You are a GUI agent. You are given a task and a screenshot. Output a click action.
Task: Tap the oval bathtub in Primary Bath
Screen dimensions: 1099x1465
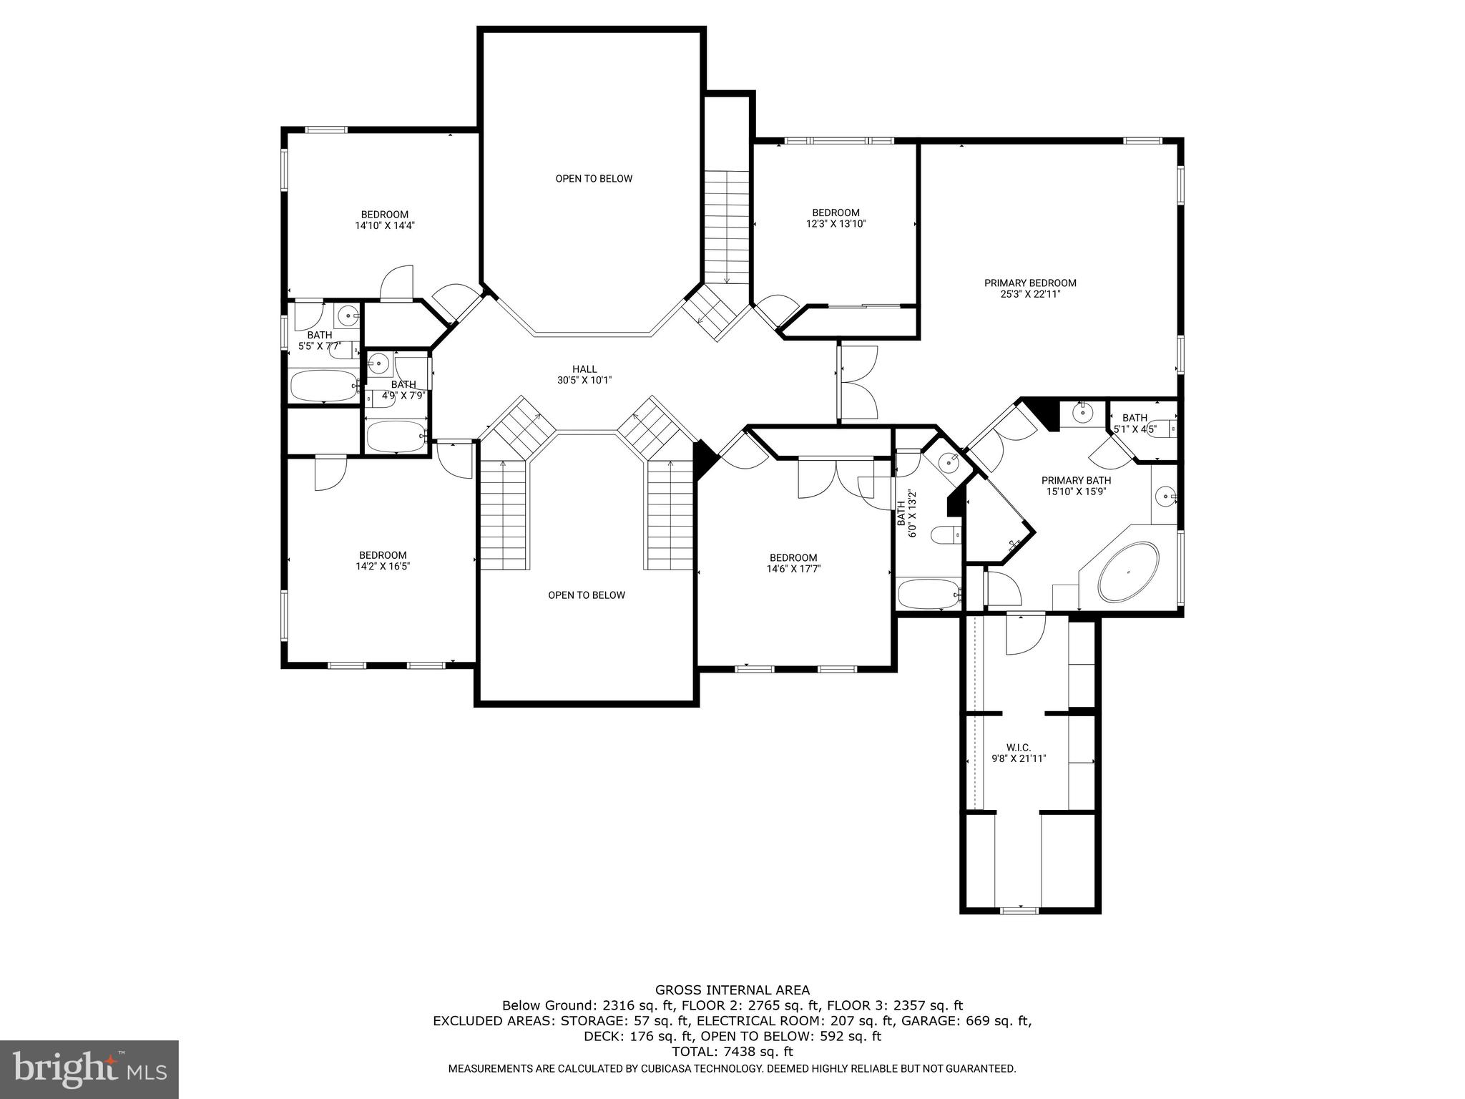pyautogui.click(x=1128, y=572)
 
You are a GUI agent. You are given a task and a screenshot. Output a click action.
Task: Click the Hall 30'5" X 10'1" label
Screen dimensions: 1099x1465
pyautogui.click(x=584, y=375)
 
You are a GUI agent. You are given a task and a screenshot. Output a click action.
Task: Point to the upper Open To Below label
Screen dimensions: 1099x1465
pyautogui.click(x=594, y=179)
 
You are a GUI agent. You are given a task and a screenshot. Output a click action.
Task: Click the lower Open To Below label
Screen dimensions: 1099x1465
pyautogui.click(x=587, y=595)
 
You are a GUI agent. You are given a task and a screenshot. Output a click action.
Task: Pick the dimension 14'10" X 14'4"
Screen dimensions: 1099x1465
pyautogui.click(x=385, y=225)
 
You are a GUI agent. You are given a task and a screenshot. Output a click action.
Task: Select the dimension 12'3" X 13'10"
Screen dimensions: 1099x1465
pyautogui.click(x=836, y=223)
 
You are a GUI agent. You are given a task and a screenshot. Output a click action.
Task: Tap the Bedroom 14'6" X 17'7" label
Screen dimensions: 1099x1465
pyautogui.click(x=793, y=563)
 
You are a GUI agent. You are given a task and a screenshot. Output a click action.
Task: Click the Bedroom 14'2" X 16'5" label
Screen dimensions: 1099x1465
pyautogui.click(x=383, y=560)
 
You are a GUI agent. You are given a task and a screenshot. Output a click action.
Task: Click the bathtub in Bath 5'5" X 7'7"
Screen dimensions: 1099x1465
pyautogui.click(x=323, y=386)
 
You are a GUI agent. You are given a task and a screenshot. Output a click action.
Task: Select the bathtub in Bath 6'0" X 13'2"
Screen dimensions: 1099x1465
pyautogui.click(x=928, y=594)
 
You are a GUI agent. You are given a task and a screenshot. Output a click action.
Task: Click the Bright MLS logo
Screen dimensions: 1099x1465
pyautogui.click(x=89, y=1069)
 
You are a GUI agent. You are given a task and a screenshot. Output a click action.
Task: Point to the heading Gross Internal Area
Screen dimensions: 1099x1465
pyautogui.click(x=732, y=990)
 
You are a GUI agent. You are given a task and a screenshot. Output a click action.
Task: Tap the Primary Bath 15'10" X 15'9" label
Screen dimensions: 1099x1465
pyautogui.click(x=1076, y=486)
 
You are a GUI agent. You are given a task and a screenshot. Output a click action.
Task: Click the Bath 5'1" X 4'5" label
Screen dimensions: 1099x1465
pyautogui.click(x=1135, y=424)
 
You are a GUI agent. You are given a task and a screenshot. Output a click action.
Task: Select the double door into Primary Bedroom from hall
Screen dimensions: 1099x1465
pyautogui.click(x=857, y=382)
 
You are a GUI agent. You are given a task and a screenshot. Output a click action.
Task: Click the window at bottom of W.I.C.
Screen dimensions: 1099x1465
pyautogui.click(x=1019, y=910)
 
